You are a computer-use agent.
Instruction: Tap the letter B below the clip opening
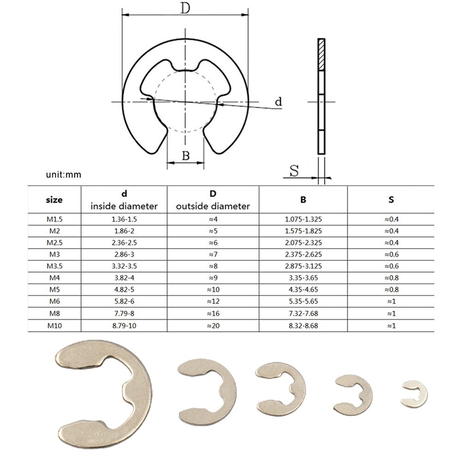tap(186, 156)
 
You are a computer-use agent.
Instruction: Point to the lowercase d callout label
tap(278, 102)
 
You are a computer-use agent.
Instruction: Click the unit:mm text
tap(64, 175)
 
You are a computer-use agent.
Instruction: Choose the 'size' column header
tap(54, 200)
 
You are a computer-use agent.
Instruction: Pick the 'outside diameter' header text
tap(213, 206)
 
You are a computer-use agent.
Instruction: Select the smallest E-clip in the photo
tap(414, 394)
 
